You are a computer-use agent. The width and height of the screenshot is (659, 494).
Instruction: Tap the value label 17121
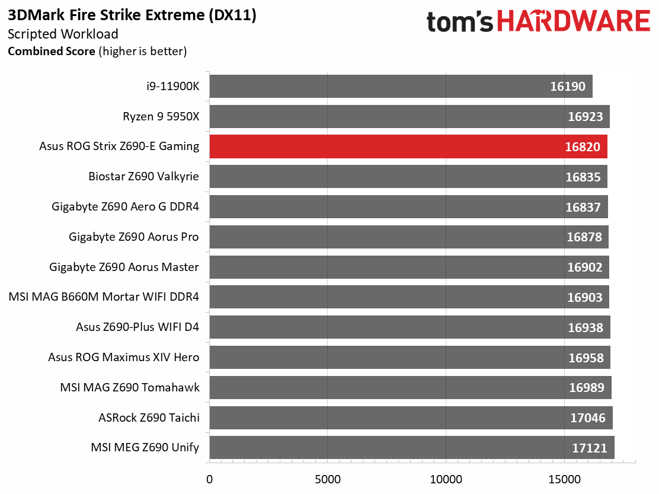tap(589, 448)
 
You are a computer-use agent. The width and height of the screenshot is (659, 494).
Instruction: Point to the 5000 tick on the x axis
tap(327, 479)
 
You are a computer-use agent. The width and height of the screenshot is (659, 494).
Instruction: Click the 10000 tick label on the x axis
tap(446, 479)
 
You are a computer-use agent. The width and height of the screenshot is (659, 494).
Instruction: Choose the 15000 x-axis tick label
tap(564, 479)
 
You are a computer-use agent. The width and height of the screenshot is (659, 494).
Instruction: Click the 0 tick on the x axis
tap(209, 479)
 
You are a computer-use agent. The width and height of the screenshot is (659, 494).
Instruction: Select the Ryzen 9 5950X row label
tap(161, 117)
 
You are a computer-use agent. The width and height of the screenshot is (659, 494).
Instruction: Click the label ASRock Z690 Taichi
tap(149, 418)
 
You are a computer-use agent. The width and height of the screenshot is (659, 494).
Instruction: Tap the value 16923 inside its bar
tap(585, 117)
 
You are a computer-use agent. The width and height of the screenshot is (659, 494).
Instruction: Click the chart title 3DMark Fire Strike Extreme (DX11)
tap(132, 16)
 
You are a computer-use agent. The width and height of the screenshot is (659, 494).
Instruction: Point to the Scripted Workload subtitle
tap(63, 34)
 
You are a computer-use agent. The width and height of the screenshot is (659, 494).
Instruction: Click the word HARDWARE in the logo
tap(574, 23)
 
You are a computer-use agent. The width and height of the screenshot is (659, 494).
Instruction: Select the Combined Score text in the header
tap(51, 52)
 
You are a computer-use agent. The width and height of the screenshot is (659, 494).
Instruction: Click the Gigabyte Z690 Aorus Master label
tap(124, 267)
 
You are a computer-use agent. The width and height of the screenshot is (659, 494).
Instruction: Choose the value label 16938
tap(585, 328)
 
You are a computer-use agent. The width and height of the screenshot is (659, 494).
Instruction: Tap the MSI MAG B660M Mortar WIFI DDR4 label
tap(104, 298)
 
